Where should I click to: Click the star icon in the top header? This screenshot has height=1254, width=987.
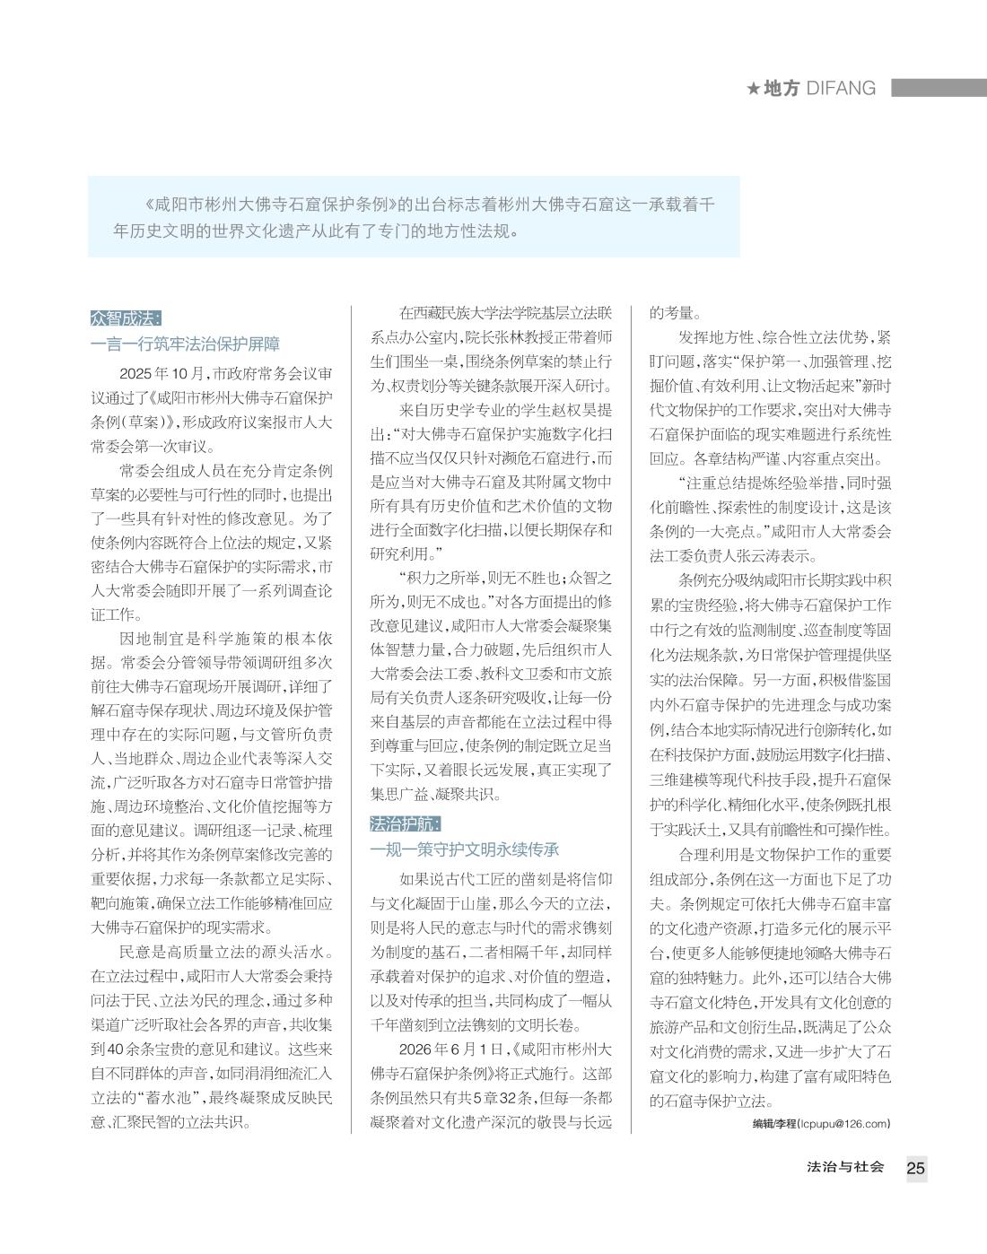(x=754, y=89)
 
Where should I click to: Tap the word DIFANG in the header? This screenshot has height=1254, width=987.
(x=841, y=89)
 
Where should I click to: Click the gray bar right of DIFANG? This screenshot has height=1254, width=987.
(x=939, y=89)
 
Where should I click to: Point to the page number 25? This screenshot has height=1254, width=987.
(x=915, y=1168)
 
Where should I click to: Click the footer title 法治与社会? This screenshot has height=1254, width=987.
(x=845, y=1167)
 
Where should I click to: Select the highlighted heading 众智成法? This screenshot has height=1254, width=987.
(x=126, y=318)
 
